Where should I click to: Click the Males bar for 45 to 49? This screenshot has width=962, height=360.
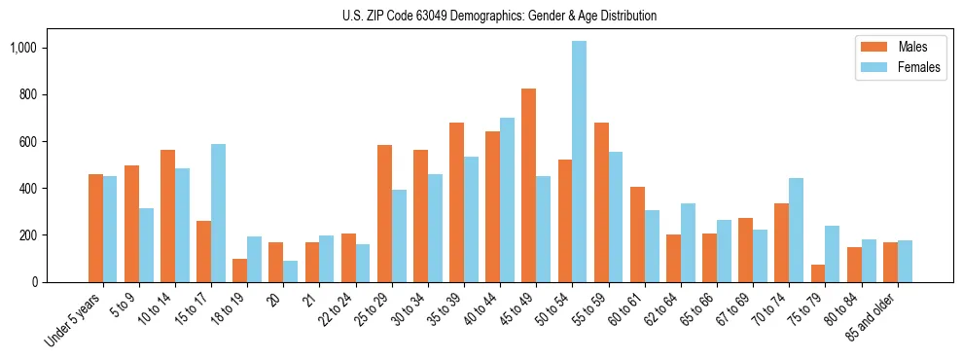(528, 185)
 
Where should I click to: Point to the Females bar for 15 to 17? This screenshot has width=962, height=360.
(218, 213)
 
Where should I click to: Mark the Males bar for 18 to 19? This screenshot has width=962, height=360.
(239, 270)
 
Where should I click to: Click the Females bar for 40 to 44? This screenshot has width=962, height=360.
(507, 199)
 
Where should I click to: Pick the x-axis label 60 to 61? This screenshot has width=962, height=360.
(629, 309)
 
